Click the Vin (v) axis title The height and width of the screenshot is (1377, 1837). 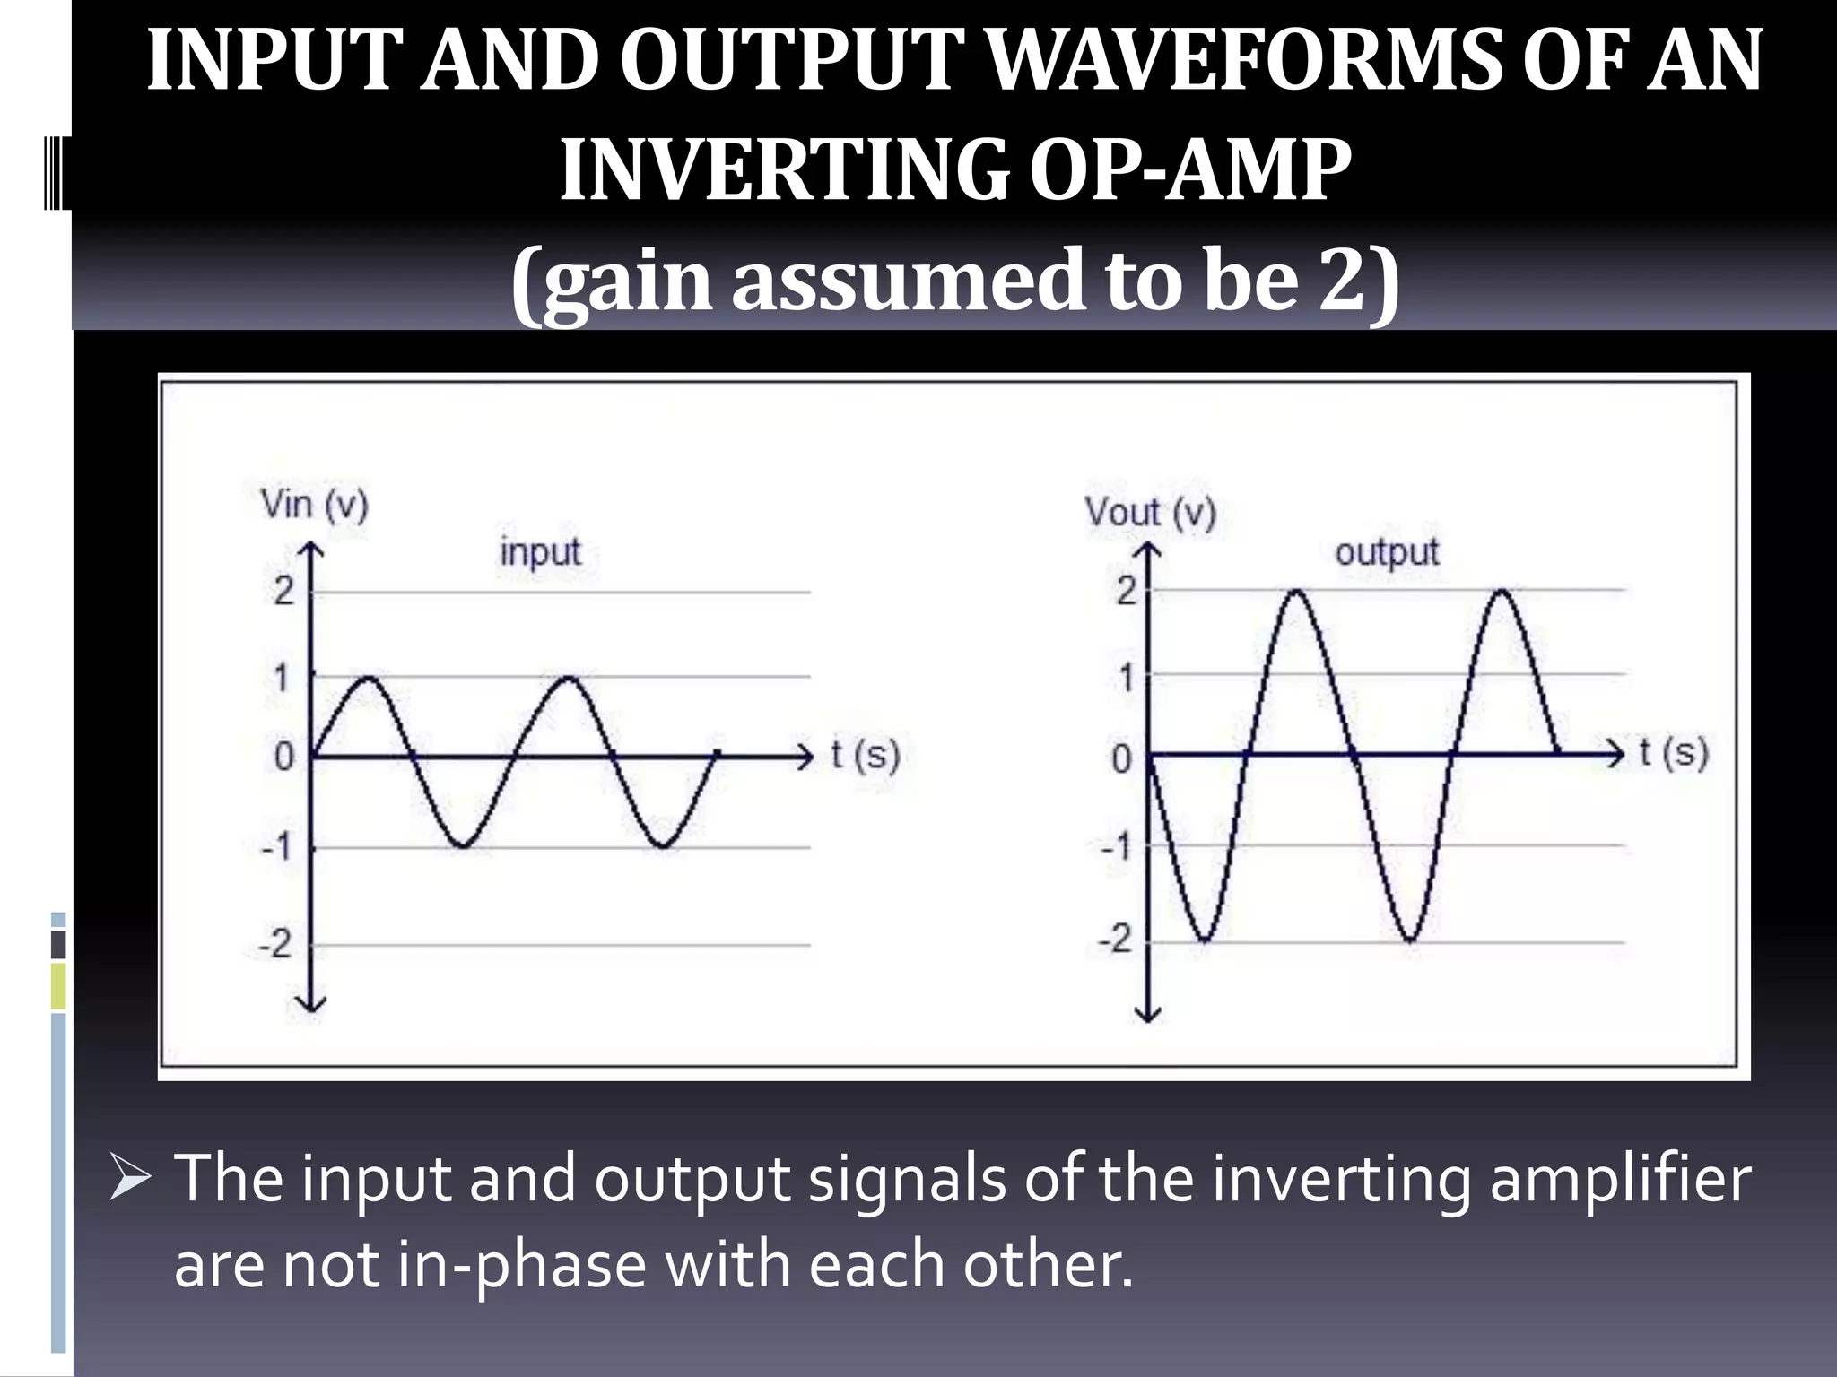314,505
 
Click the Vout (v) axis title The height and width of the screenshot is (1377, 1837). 1150,513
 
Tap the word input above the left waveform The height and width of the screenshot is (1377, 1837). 540,551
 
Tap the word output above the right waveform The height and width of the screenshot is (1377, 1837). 1387,551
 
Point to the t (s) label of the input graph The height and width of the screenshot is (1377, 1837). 865,755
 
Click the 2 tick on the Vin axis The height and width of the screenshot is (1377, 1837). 283,591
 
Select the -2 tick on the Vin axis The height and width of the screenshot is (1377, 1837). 275,944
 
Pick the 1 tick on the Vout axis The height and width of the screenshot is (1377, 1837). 1126,678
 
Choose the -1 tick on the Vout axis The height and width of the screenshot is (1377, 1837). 1118,846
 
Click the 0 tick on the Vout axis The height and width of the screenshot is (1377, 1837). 1121,760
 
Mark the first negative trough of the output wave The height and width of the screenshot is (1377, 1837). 1205,940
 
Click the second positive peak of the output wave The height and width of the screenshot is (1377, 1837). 1502,591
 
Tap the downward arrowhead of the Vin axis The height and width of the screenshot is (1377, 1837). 310,1004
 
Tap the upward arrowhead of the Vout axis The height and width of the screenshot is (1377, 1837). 1148,549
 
